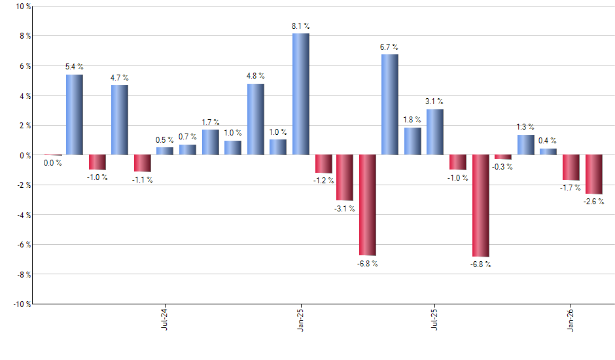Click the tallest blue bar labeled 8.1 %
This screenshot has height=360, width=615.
[300, 94]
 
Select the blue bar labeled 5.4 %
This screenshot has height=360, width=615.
[75, 115]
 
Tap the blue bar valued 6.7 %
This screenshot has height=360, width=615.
[389, 105]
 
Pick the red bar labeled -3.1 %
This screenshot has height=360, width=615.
[345, 177]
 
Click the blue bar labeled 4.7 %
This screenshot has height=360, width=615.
[120, 120]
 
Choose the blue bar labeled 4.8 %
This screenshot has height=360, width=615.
[256, 119]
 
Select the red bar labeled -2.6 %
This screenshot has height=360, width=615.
[593, 174]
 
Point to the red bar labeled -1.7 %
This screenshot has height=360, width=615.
[571, 168]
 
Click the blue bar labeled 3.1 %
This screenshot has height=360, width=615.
[434, 132]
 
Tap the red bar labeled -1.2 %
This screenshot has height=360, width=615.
[323, 164]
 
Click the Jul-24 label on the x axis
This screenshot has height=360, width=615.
[164, 319]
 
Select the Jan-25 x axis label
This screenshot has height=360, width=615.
[300, 319]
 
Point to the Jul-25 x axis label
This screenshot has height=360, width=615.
[435, 319]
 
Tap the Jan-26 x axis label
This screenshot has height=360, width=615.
[571, 319]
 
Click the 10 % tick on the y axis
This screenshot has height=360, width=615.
[21, 7]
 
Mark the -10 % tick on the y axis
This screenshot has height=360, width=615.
[20, 304]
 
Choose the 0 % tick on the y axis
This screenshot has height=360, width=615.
[23, 155]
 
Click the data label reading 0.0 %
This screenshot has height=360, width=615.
[52, 163]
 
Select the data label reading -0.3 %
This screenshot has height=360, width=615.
[504, 167]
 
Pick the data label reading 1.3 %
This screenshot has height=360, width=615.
[525, 127]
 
